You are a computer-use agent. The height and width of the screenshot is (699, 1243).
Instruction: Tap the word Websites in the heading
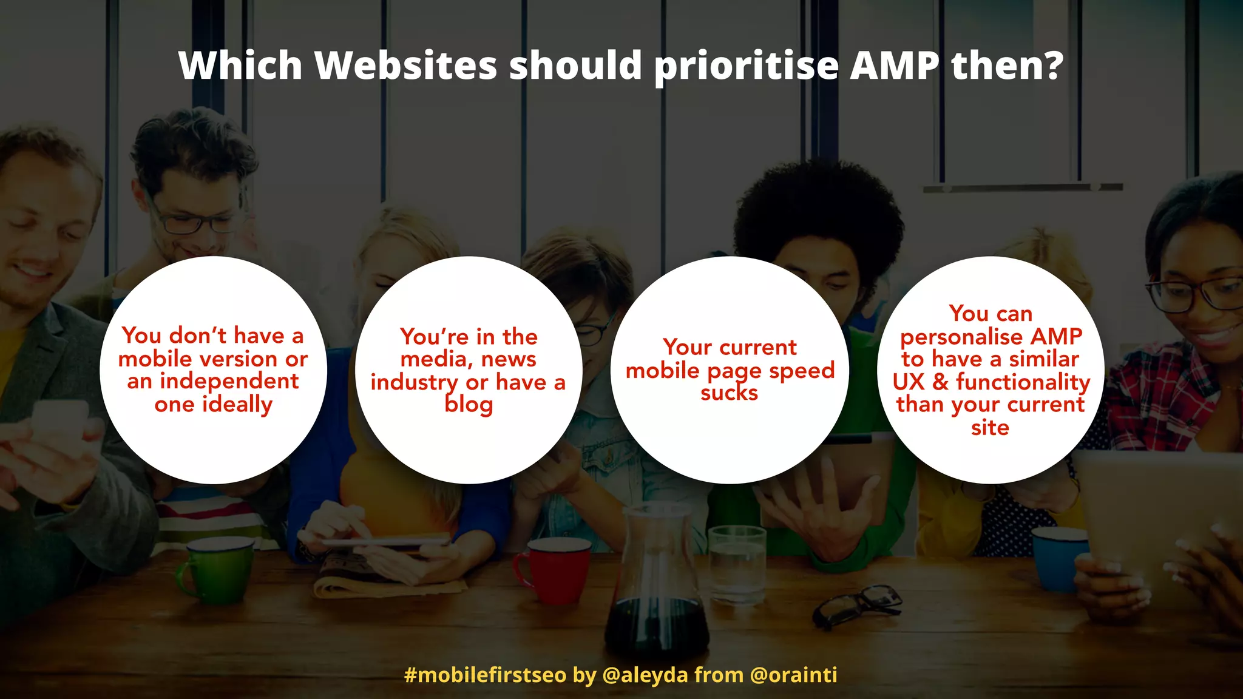406,65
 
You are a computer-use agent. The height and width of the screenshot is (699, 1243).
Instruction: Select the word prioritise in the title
746,66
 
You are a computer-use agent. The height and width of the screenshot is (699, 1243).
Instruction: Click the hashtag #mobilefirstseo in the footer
485,675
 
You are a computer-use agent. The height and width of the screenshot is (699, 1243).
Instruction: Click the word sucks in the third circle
729,393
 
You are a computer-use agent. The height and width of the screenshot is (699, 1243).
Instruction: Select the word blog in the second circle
468,405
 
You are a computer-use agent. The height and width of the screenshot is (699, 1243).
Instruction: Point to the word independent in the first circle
229,381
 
